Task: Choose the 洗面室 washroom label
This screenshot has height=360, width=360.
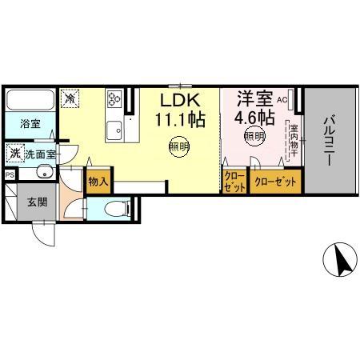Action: pyautogui.click(x=38, y=154)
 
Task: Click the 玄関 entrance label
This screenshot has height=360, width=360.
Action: pyautogui.click(x=34, y=202)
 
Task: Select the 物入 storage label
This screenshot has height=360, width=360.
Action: pyautogui.click(x=98, y=182)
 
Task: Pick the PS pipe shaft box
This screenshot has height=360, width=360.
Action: pyautogui.click(x=10, y=174)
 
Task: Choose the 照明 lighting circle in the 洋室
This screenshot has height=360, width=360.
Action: pyautogui.click(x=253, y=137)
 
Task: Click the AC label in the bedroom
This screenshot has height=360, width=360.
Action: pyautogui.click(x=282, y=100)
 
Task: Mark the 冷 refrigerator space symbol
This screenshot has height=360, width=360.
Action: pyautogui.click(x=70, y=99)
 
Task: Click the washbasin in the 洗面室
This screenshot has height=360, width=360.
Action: pyautogui.click(x=43, y=173)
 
